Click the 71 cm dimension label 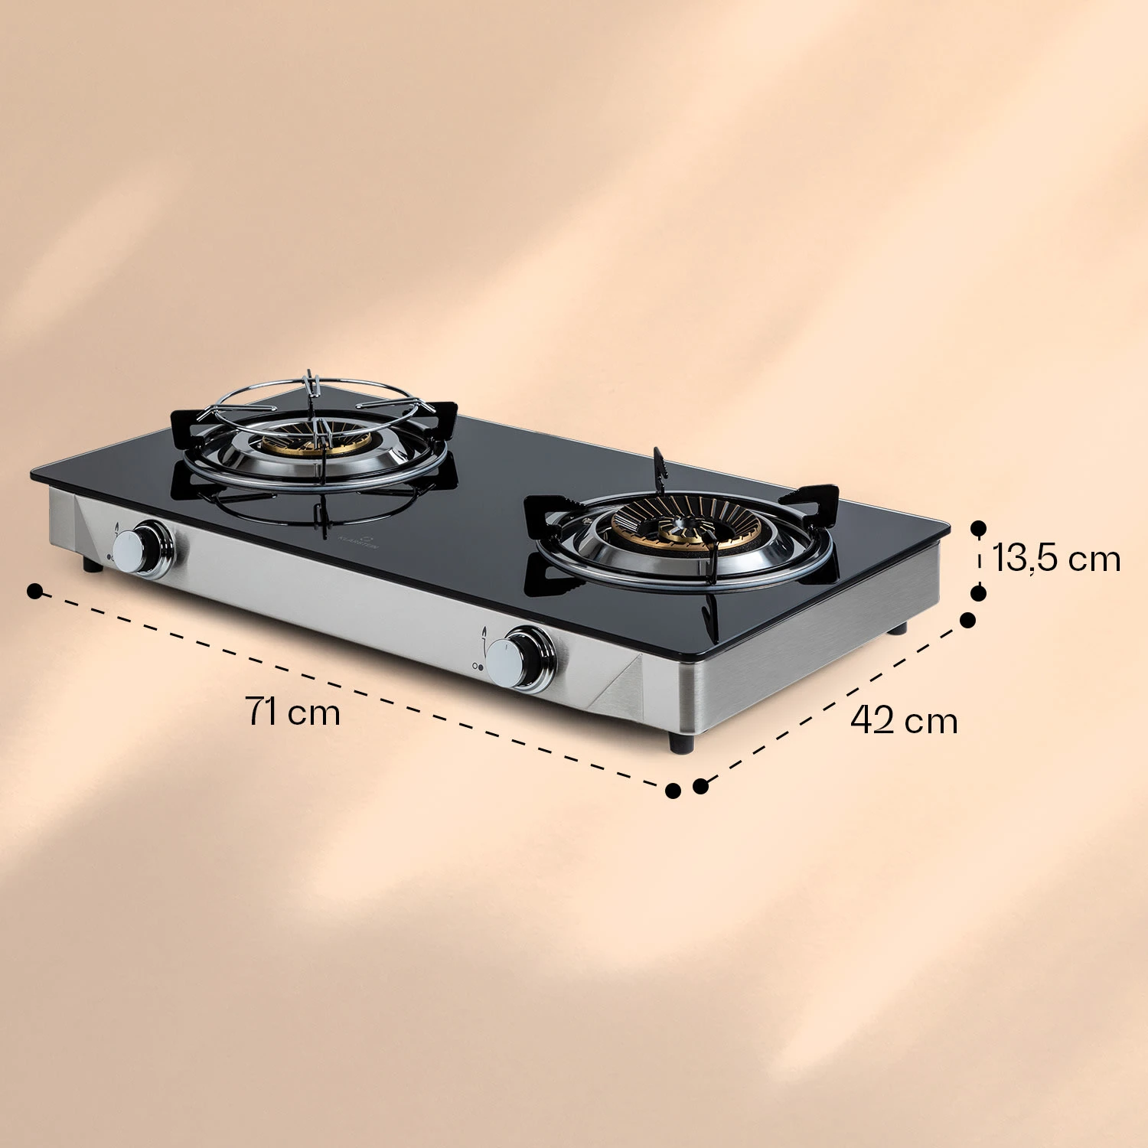click(x=293, y=712)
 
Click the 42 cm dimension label click(x=904, y=720)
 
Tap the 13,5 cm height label click(x=1056, y=558)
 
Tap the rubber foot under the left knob click(x=92, y=566)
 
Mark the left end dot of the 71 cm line click(x=34, y=591)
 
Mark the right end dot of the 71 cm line click(x=673, y=791)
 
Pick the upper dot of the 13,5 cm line click(x=978, y=527)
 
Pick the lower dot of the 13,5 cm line click(x=978, y=592)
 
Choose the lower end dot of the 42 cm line click(x=700, y=786)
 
